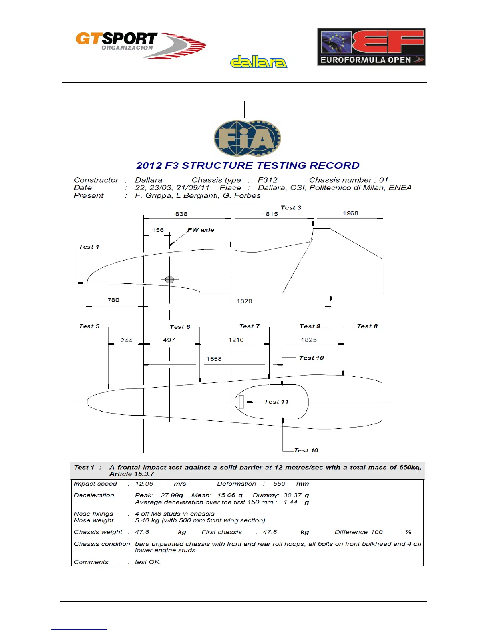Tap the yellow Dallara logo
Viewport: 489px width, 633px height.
pyautogui.click(x=258, y=62)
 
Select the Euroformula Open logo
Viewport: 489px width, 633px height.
pyautogui.click(x=371, y=47)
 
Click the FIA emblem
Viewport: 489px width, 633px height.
pyautogui.click(x=247, y=138)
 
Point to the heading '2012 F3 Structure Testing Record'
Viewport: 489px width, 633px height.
pyautogui.click(x=248, y=165)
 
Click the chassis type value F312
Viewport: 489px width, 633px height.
pyautogui.click(x=267, y=180)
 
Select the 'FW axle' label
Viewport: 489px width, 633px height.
pyautogui.click(x=201, y=230)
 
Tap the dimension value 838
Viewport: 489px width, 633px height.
pyautogui.click(x=181, y=214)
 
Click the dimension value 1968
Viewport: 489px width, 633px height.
pyautogui.click(x=350, y=213)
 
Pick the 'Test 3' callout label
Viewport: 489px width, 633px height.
pyautogui.click(x=291, y=207)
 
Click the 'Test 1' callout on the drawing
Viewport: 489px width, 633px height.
pyautogui.click(x=89, y=247)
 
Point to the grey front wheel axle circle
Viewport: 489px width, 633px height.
pyautogui.click(x=169, y=279)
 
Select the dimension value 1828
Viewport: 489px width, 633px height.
pyautogui.click(x=244, y=301)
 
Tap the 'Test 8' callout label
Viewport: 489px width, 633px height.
pyautogui.click(x=367, y=326)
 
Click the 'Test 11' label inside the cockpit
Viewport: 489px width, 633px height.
pyautogui.click(x=276, y=402)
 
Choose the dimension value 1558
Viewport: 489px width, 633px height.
pyautogui.click(x=214, y=359)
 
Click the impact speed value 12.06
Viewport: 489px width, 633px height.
pyautogui.click(x=144, y=484)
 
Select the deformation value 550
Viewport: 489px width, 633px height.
pyautogui.click(x=279, y=484)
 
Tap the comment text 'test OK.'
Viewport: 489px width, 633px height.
pyautogui.click(x=148, y=562)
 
